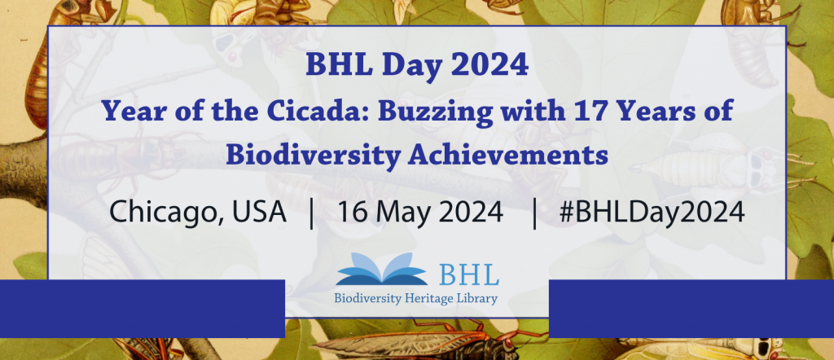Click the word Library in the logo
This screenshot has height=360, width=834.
pos(479,299)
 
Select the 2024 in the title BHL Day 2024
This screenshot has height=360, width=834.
pos(492,65)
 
